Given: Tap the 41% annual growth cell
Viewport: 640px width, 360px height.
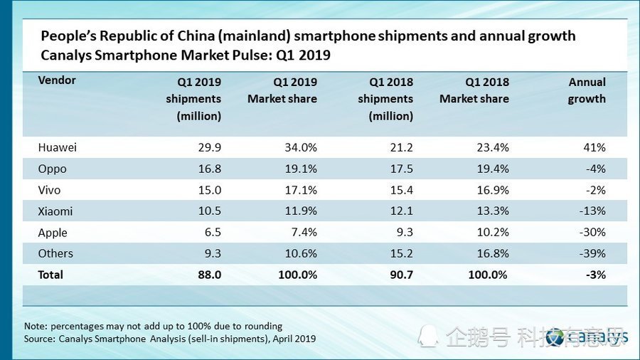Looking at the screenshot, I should click(594, 148).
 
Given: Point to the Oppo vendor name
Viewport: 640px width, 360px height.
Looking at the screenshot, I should click(53, 169).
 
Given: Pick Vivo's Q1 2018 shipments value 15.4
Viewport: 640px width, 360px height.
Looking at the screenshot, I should click(401, 190).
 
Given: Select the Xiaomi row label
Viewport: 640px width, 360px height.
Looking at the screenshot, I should click(55, 211).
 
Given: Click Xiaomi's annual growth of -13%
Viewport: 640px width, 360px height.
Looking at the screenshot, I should click(592, 211).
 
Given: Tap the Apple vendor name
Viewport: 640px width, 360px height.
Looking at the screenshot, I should click(53, 233).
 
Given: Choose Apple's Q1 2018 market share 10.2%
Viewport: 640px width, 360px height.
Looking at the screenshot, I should click(491, 233).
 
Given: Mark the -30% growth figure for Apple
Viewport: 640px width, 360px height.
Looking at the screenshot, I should click(592, 233).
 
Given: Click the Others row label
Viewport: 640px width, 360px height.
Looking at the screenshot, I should click(55, 253).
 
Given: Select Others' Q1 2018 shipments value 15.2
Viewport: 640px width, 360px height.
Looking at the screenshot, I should click(401, 253).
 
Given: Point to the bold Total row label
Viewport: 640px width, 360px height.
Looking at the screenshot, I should click(50, 275).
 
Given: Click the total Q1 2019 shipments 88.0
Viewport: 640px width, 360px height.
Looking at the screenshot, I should click(209, 275).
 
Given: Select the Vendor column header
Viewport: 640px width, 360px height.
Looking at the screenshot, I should click(57, 80).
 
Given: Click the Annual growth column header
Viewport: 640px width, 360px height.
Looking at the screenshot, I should click(587, 90).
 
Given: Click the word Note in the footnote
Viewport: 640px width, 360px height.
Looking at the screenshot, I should click(36, 326).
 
